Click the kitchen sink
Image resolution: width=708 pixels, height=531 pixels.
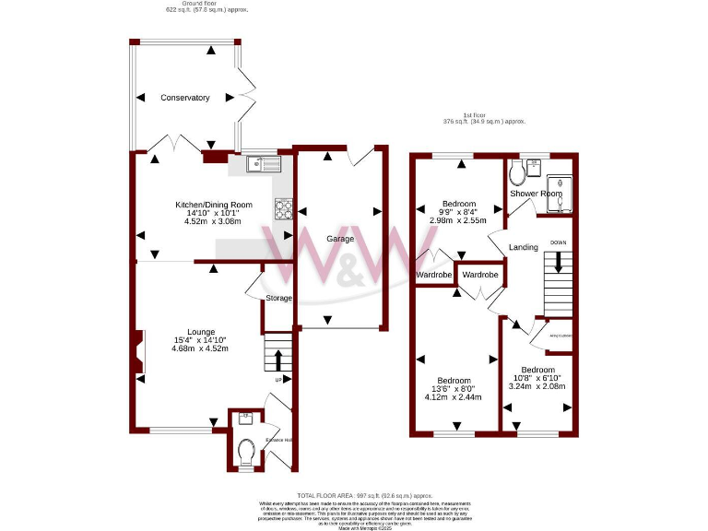pos(263,164)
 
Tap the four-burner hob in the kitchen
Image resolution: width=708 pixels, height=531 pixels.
pos(282,210)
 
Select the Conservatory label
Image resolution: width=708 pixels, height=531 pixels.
pos(184,98)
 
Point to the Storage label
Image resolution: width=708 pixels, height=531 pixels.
pos(278,298)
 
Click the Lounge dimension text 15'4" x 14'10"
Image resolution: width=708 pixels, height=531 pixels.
pos(201,340)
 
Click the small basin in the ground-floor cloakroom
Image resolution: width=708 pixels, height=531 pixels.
pos(244,419)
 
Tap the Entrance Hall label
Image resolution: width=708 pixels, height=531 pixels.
pos(278,440)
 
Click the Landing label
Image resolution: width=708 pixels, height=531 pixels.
pos(523,247)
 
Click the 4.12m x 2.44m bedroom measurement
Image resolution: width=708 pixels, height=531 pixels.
pos(454,397)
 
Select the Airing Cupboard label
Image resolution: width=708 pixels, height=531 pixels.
pos(560,336)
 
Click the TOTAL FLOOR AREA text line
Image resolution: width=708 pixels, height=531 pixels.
pos(364,495)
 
